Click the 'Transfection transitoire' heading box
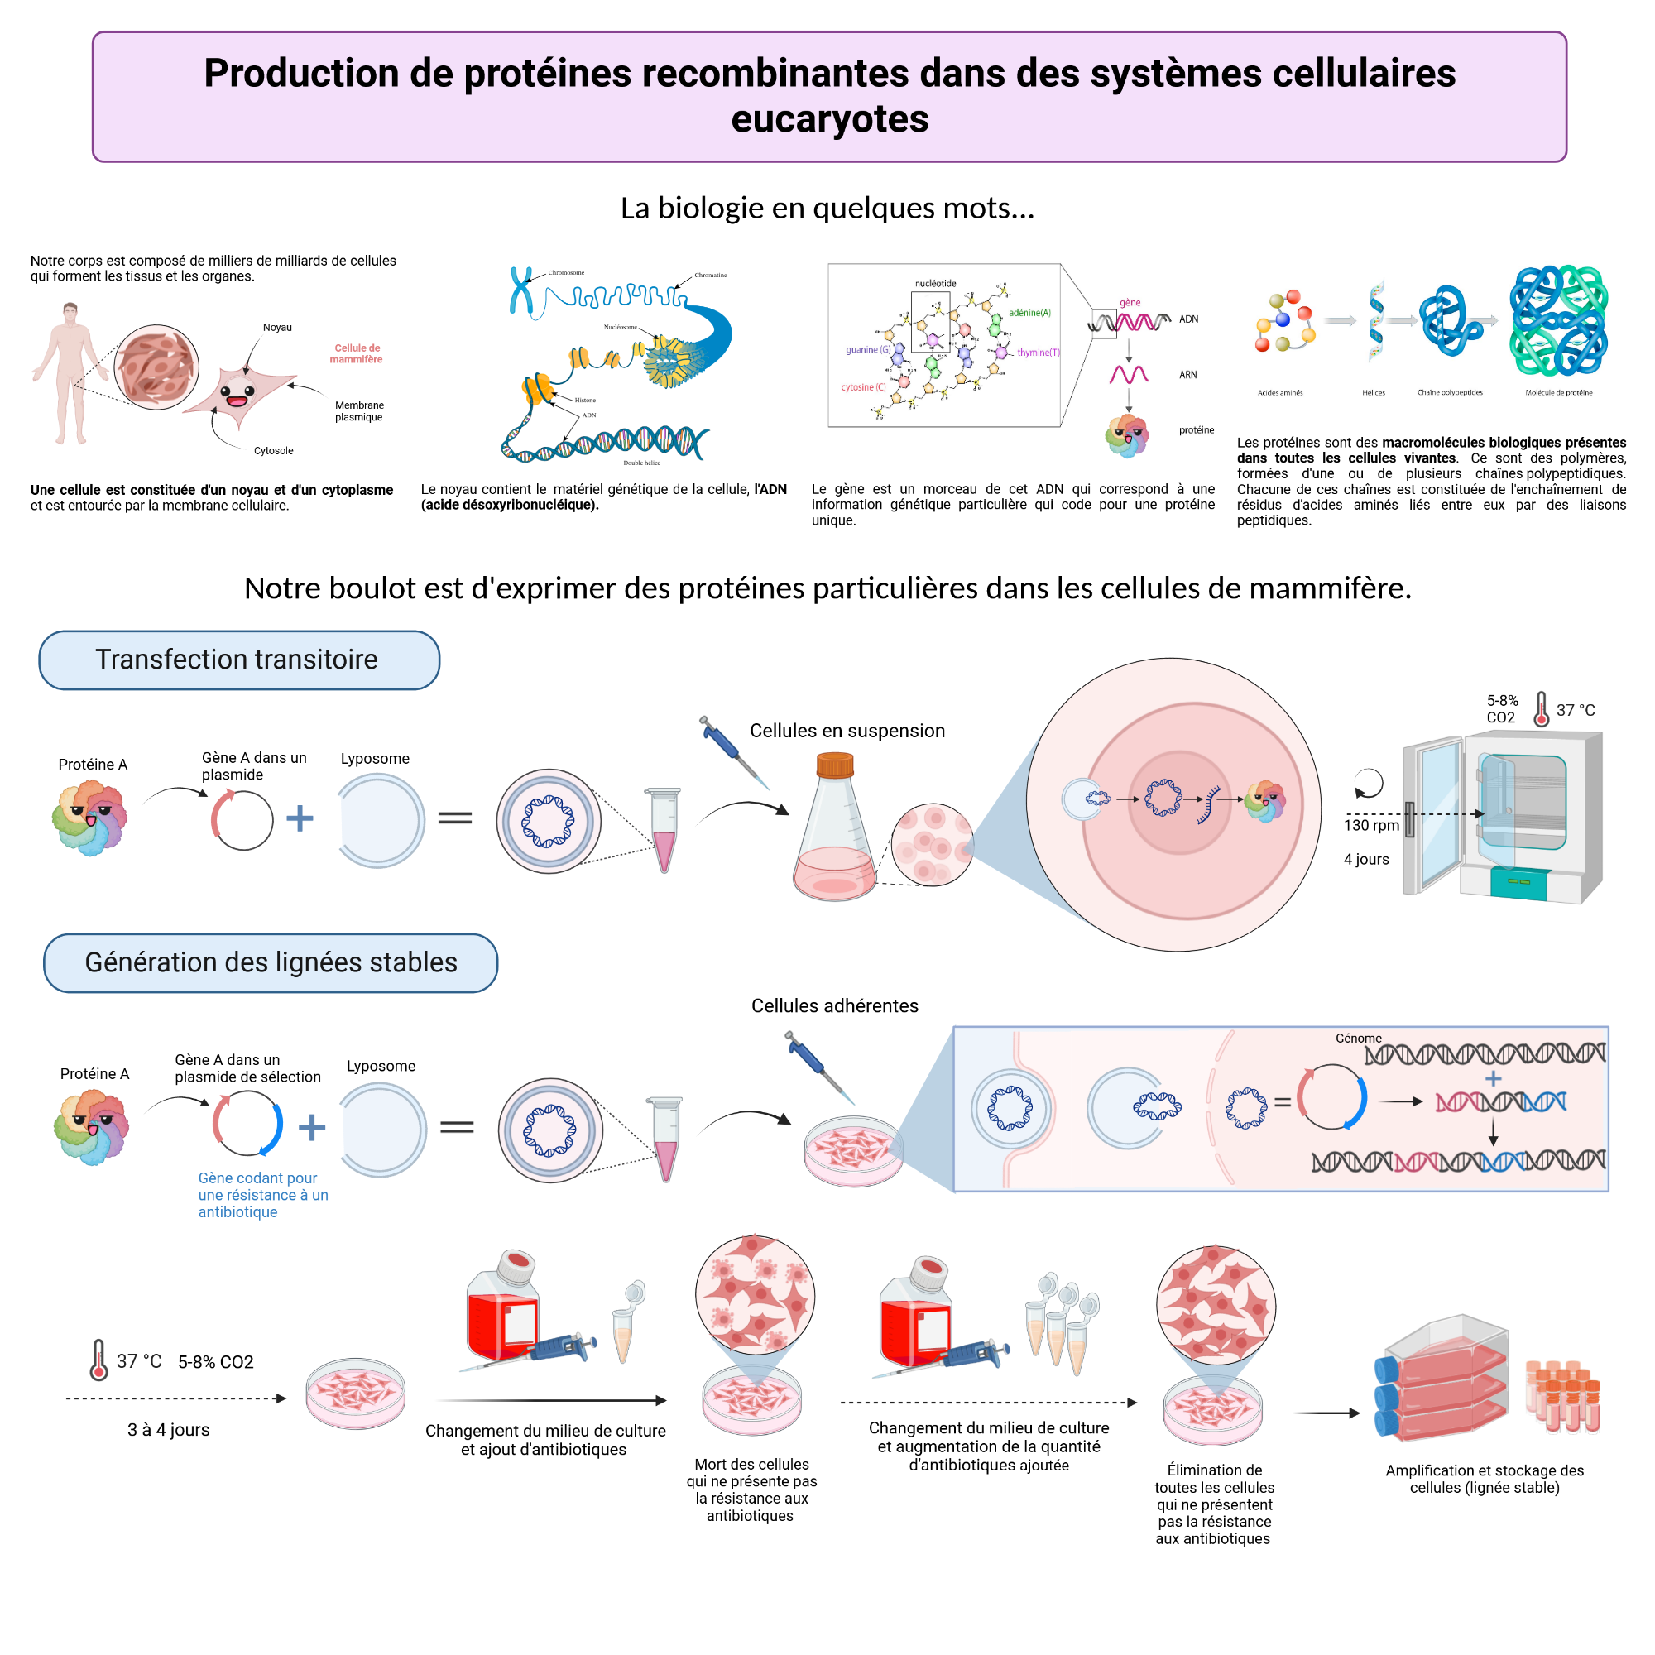pos(239,660)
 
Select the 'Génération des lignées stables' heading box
pos(271,963)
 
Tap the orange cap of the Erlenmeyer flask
pos(834,763)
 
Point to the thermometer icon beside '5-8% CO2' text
pos(1541,710)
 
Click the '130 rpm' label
pos(1370,825)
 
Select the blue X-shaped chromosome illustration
pos(520,291)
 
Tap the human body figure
pos(70,372)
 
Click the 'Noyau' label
pos(277,327)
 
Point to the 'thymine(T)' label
pos(1039,352)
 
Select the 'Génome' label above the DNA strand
pos(1359,1039)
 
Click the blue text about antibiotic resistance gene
pos(262,1195)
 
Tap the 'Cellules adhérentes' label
pos(834,1005)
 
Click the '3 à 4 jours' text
pos(169,1430)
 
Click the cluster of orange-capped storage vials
pos(1562,1396)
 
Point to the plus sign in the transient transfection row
pos(300,818)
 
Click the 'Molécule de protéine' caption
pos(1558,392)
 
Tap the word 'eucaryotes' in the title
pos(829,119)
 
